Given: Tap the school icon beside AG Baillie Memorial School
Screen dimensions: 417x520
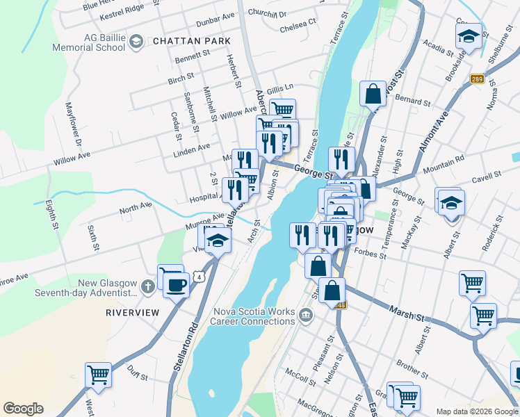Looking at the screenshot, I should point(136,42).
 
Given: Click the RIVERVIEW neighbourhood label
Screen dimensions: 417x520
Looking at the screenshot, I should point(132,313).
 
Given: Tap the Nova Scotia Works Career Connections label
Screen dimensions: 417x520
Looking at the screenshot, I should point(254,316).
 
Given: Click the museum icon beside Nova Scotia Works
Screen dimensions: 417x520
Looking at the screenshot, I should point(305,317).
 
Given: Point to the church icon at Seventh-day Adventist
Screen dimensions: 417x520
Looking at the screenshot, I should point(147,286).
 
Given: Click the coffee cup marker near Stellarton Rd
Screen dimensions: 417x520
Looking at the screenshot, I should point(176,284).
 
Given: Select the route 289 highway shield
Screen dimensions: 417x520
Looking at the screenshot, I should point(476,79).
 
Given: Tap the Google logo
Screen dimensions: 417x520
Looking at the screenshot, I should point(23,409).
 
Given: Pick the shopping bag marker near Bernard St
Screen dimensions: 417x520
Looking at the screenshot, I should point(373,93).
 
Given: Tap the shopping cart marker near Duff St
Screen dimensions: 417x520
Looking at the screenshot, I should point(98,375).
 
